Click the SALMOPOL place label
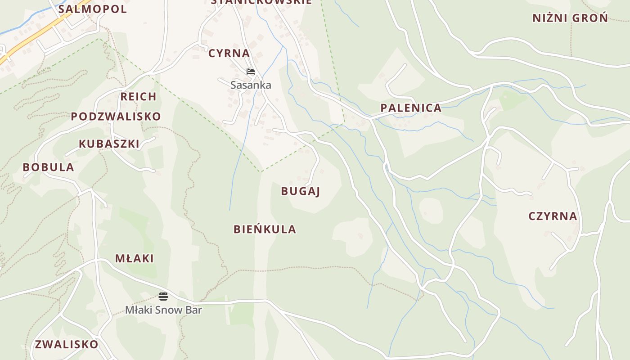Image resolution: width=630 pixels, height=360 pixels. click(93, 9)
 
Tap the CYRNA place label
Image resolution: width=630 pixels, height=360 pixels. click(229, 53)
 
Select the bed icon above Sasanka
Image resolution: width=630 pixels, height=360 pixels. click(251, 72)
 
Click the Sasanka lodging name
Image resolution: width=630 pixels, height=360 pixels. click(251, 85)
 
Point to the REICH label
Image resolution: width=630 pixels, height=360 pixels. click(139, 96)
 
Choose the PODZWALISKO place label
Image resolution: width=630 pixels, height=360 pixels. click(116, 117)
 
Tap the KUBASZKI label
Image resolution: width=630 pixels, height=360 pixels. click(109, 144)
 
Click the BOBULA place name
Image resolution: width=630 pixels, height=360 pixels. click(49, 167)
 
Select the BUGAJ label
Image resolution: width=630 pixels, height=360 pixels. click(300, 191)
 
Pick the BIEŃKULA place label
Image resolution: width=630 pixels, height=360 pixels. click(265, 229)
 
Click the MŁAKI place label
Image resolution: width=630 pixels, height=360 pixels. click(134, 259)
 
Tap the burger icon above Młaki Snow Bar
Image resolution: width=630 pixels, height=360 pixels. click(163, 296)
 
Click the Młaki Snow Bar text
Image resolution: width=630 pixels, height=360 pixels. click(163, 310)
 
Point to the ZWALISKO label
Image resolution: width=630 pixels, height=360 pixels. click(67, 345)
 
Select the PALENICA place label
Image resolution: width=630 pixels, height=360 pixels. click(411, 108)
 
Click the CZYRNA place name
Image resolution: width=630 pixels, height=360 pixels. click(553, 216)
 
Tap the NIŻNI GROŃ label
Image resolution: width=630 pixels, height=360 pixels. click(570, 18)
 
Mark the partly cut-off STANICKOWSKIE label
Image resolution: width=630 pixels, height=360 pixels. click(261, 2)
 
